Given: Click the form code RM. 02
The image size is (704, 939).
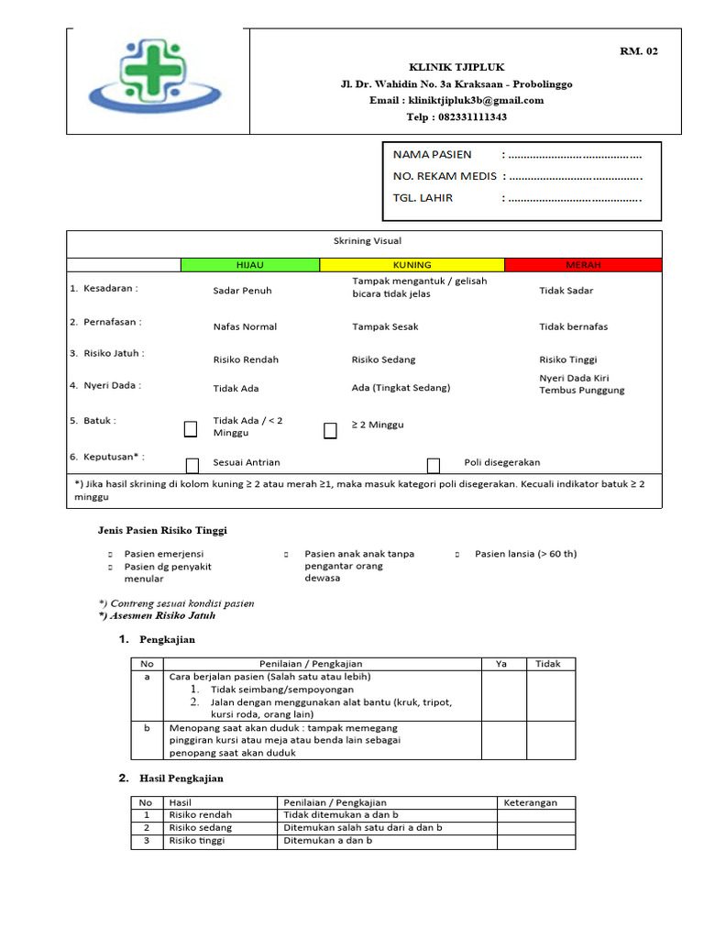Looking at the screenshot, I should point(638,51).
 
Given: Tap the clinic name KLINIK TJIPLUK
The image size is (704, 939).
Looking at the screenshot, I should point(456,68).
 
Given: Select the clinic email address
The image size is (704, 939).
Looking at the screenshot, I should point(456,101).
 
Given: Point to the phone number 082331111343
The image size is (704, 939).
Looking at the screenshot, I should point(472,117).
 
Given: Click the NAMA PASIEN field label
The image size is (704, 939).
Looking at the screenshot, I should point(432,154).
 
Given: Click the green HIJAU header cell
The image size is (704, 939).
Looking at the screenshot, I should point(249,265).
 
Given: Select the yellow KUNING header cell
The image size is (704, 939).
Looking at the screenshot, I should point(412,265).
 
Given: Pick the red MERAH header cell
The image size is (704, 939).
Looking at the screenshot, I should point(583,265).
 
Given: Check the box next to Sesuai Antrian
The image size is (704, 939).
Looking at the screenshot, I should point(192,465).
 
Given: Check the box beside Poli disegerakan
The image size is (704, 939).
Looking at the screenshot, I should point(434,465).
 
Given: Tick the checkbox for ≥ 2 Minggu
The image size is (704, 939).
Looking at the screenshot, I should point(330,431).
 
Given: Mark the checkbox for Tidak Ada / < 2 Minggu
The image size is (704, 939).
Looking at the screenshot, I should point(191,429).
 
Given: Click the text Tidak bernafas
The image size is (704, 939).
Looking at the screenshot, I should point(573,326).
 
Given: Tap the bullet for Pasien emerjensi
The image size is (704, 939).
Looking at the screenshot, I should point(110,555).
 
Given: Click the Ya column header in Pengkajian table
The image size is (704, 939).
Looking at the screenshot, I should point(500,664).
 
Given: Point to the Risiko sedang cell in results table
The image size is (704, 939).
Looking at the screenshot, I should point(201,827).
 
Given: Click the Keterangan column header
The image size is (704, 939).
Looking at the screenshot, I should point(530,802).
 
